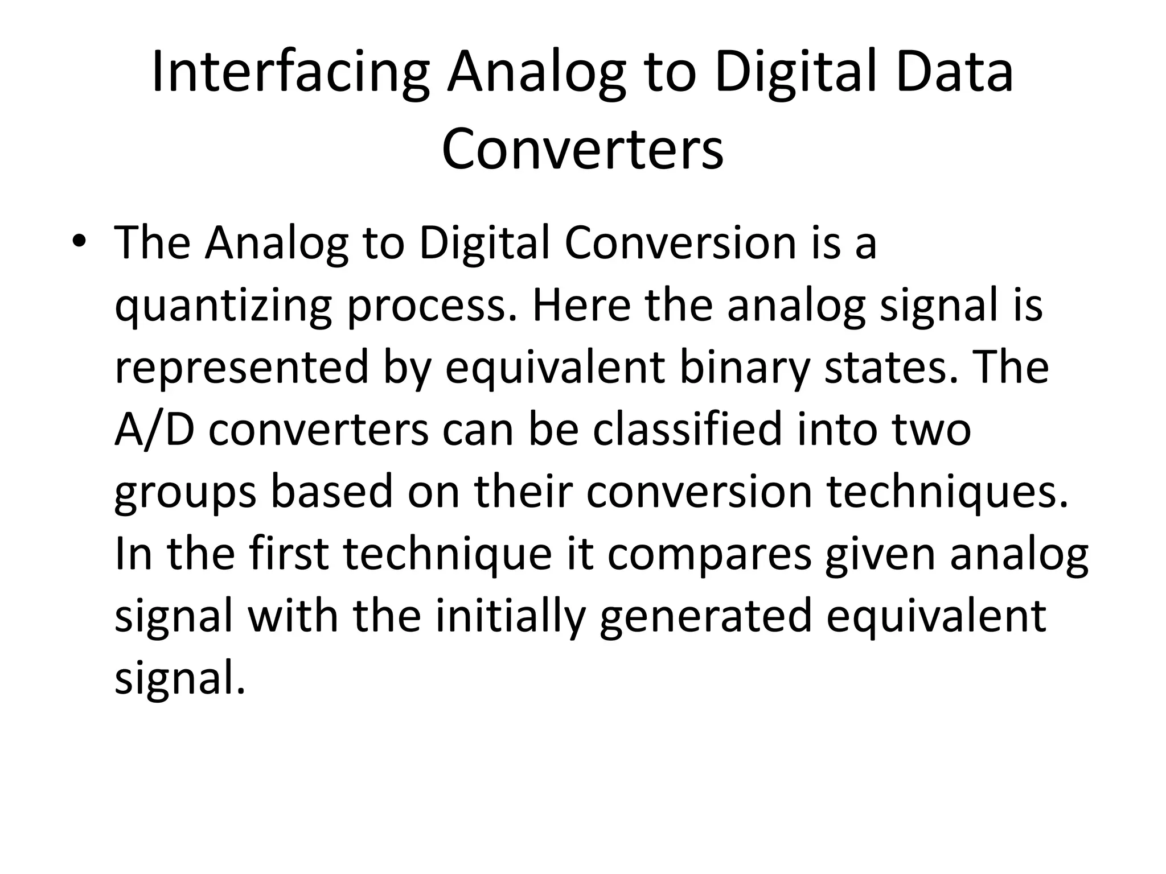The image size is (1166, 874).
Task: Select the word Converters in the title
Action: pos(582,149)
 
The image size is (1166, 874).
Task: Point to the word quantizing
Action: pos(223,306)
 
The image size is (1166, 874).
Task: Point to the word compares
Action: pos(709,555)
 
